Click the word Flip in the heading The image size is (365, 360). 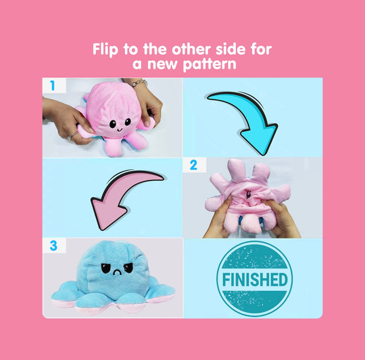pyautogui.click(x=105, y=50)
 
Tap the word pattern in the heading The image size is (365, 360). pyautogui.click(x=209, y=64)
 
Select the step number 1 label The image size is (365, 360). pyautogui.click(x=52, y=86)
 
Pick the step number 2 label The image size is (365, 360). pyautogui.click(x=194, y=165)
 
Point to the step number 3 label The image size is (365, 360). pyautogui.click(x=53, y=246)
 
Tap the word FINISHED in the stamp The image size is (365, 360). pyautogui.click(x=255, y=279)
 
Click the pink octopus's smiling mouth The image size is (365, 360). pyautogui.click(x=119, y=130)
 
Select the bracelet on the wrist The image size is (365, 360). pyautogui.click(x=139, y=83)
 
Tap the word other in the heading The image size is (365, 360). pyautogui.click(x=191, y=49)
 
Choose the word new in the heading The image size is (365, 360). pyautogui.click(x=162, y=64)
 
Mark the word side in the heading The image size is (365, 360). pyautogui.click(x=231, y=49)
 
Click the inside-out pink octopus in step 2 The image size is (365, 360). pyautogui.click(x=247, y=197)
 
